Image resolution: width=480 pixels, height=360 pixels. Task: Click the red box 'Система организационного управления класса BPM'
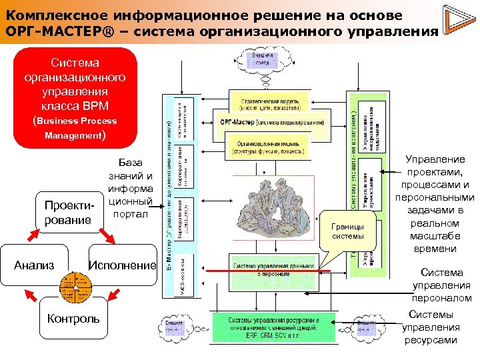pos(75,97)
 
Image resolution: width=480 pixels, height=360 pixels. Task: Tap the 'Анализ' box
pos(35,265)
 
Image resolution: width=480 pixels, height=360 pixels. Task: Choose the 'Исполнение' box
pos(122,265)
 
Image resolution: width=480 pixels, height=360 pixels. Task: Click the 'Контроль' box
pos(73,319)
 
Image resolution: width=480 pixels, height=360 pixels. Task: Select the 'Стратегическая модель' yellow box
pos(269,103)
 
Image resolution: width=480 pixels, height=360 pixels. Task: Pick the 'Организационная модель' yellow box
pos(267,147)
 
